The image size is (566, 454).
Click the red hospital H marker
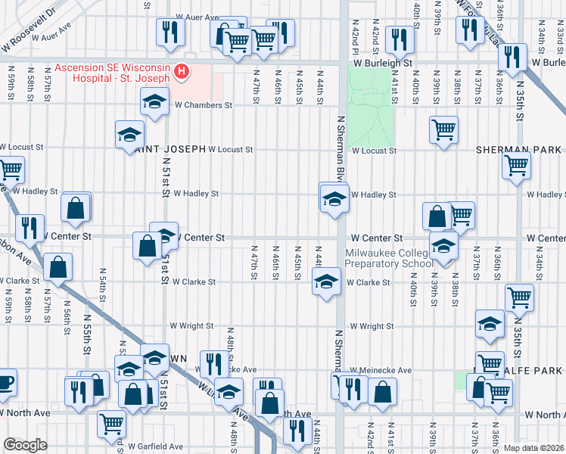tap(182, 72)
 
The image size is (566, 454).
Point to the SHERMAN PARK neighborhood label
tap(518, 150)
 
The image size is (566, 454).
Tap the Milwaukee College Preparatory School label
tap(388, 258)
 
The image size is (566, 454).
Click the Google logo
tap(25, 444)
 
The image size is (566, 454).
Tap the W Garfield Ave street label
tap(155, 446)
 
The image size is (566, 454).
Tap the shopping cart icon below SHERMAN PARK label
tap(517, 163)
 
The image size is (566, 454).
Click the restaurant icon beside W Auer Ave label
tap(169, 31)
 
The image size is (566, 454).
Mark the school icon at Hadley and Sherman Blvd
tap(333, 200)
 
